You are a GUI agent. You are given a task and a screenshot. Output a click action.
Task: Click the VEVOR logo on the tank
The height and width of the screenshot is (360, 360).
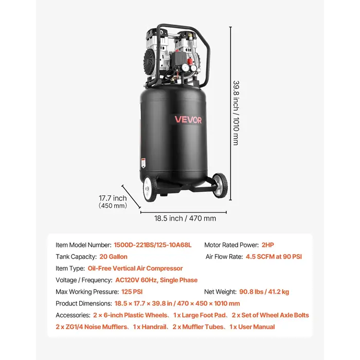(x=188, y=120)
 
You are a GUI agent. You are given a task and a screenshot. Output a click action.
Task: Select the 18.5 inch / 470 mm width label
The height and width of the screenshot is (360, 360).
(x=185, y=218)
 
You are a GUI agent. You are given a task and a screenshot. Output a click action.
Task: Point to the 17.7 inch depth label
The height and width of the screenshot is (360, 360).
(x=113, y=198)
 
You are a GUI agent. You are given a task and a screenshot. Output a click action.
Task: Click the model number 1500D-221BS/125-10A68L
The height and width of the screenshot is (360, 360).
(x=153, y=245)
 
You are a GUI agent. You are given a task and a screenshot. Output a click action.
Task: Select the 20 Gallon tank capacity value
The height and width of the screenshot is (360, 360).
(x=113, y=256)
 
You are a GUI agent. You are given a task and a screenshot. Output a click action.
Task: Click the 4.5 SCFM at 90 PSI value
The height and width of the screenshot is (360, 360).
(x=274, y=256)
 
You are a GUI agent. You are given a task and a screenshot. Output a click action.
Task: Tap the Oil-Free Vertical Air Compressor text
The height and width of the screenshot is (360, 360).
(x=135, y=268)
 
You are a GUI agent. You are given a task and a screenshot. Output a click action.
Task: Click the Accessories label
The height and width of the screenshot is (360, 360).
(x=73, y=315)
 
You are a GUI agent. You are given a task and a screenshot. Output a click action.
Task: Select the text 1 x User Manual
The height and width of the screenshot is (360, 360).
(x=252, y=327)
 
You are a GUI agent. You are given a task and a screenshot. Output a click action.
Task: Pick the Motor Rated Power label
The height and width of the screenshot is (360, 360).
(x=230, y=245)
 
